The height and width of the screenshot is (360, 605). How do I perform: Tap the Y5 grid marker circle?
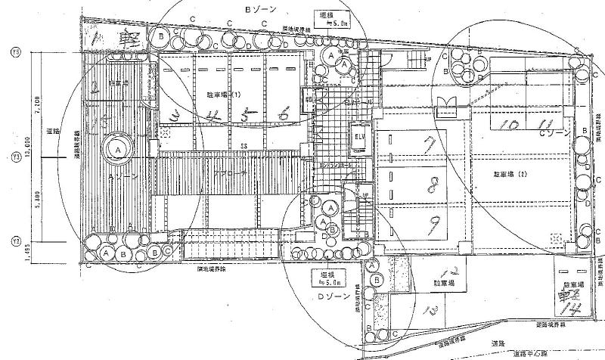15,52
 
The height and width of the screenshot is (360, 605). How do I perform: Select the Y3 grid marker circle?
15,157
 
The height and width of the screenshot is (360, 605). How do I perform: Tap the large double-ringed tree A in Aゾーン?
119,149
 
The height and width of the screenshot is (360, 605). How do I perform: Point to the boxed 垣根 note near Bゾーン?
332,18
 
